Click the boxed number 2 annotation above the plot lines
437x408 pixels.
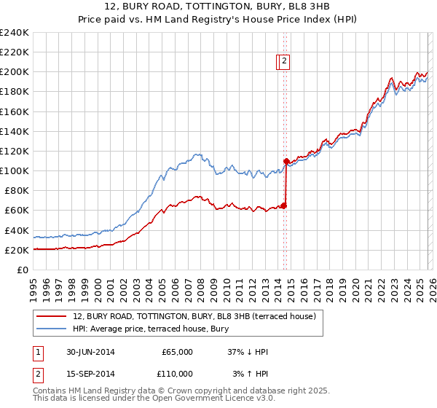tap(285, 62)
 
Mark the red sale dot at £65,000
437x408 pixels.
tap(284, 205)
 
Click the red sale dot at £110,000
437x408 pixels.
tap(286, 161)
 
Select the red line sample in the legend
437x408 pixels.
tap(52, 317)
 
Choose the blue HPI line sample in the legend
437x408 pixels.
tap(52, 329)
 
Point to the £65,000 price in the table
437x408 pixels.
tap(177, 352)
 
